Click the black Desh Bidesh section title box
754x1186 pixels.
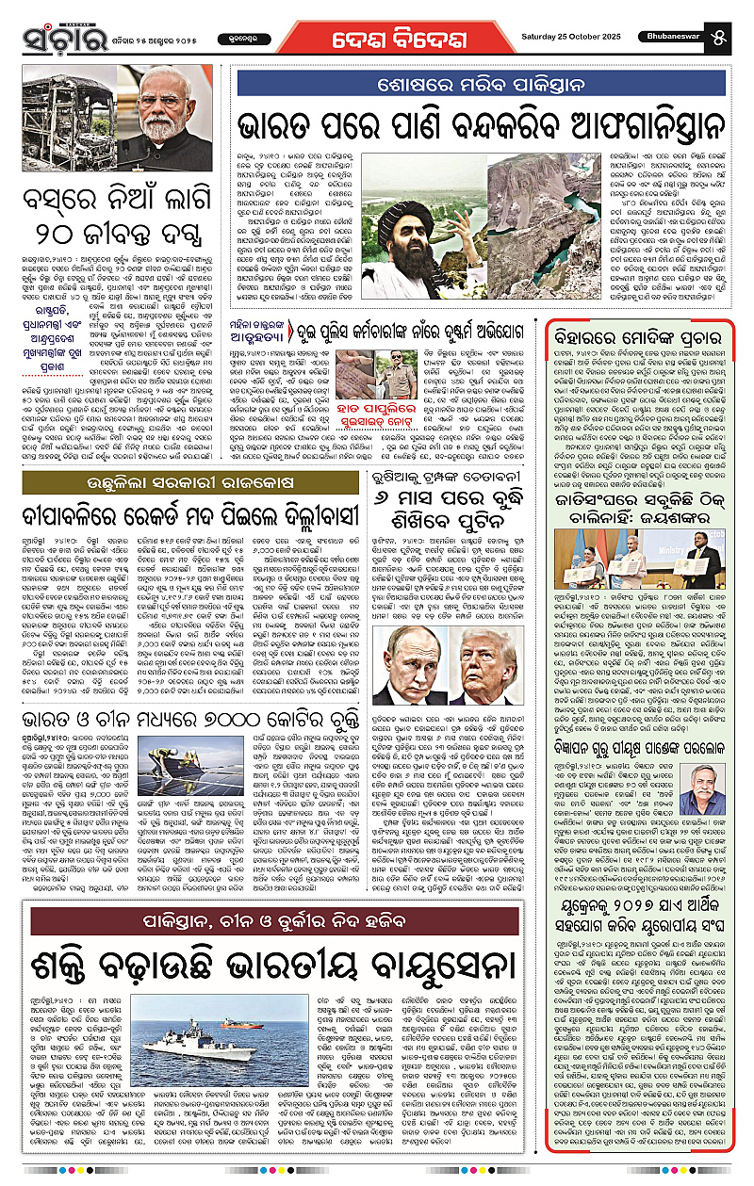[378, 37]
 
